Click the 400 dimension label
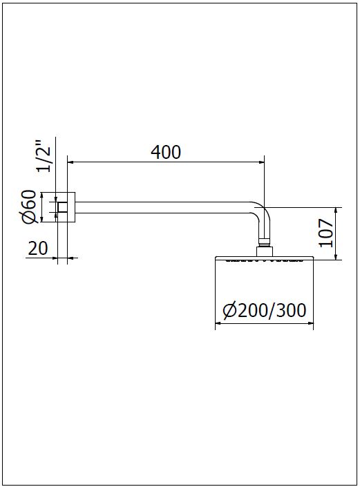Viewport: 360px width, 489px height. [x=166, y=153]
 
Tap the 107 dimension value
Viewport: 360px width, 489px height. [x=326, y=233]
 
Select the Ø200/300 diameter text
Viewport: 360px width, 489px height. [x=265, y=310]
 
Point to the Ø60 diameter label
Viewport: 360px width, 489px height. [x=29, y=207]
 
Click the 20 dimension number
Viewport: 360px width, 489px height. [x=38, y=249]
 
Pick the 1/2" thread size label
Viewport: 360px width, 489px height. [x=43, y=156]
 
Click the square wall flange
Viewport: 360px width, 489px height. [x=66, y=207]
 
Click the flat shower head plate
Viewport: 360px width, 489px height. [x=265, y=258]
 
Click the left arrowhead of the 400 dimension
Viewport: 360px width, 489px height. [x=70, y=162]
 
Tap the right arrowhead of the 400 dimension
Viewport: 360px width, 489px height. [x=260, y=162]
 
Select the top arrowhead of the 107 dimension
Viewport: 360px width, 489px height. [x=336, y=211]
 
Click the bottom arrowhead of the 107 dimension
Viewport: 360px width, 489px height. [x=336, y=256]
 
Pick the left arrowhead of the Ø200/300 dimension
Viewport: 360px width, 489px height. [x=218, y=323]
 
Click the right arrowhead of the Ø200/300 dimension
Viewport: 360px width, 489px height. [x=310, y=323]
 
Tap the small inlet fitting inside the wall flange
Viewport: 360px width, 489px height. [x=62, y=207]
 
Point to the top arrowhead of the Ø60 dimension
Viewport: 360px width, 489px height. [x=42, y=195]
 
